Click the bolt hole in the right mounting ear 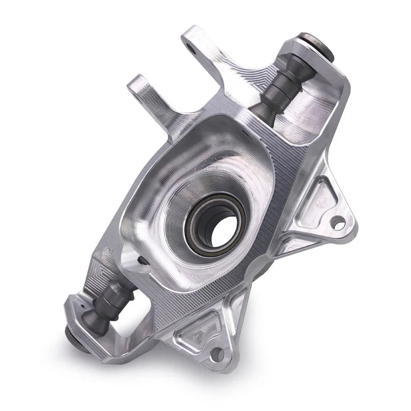tap(339, 223)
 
